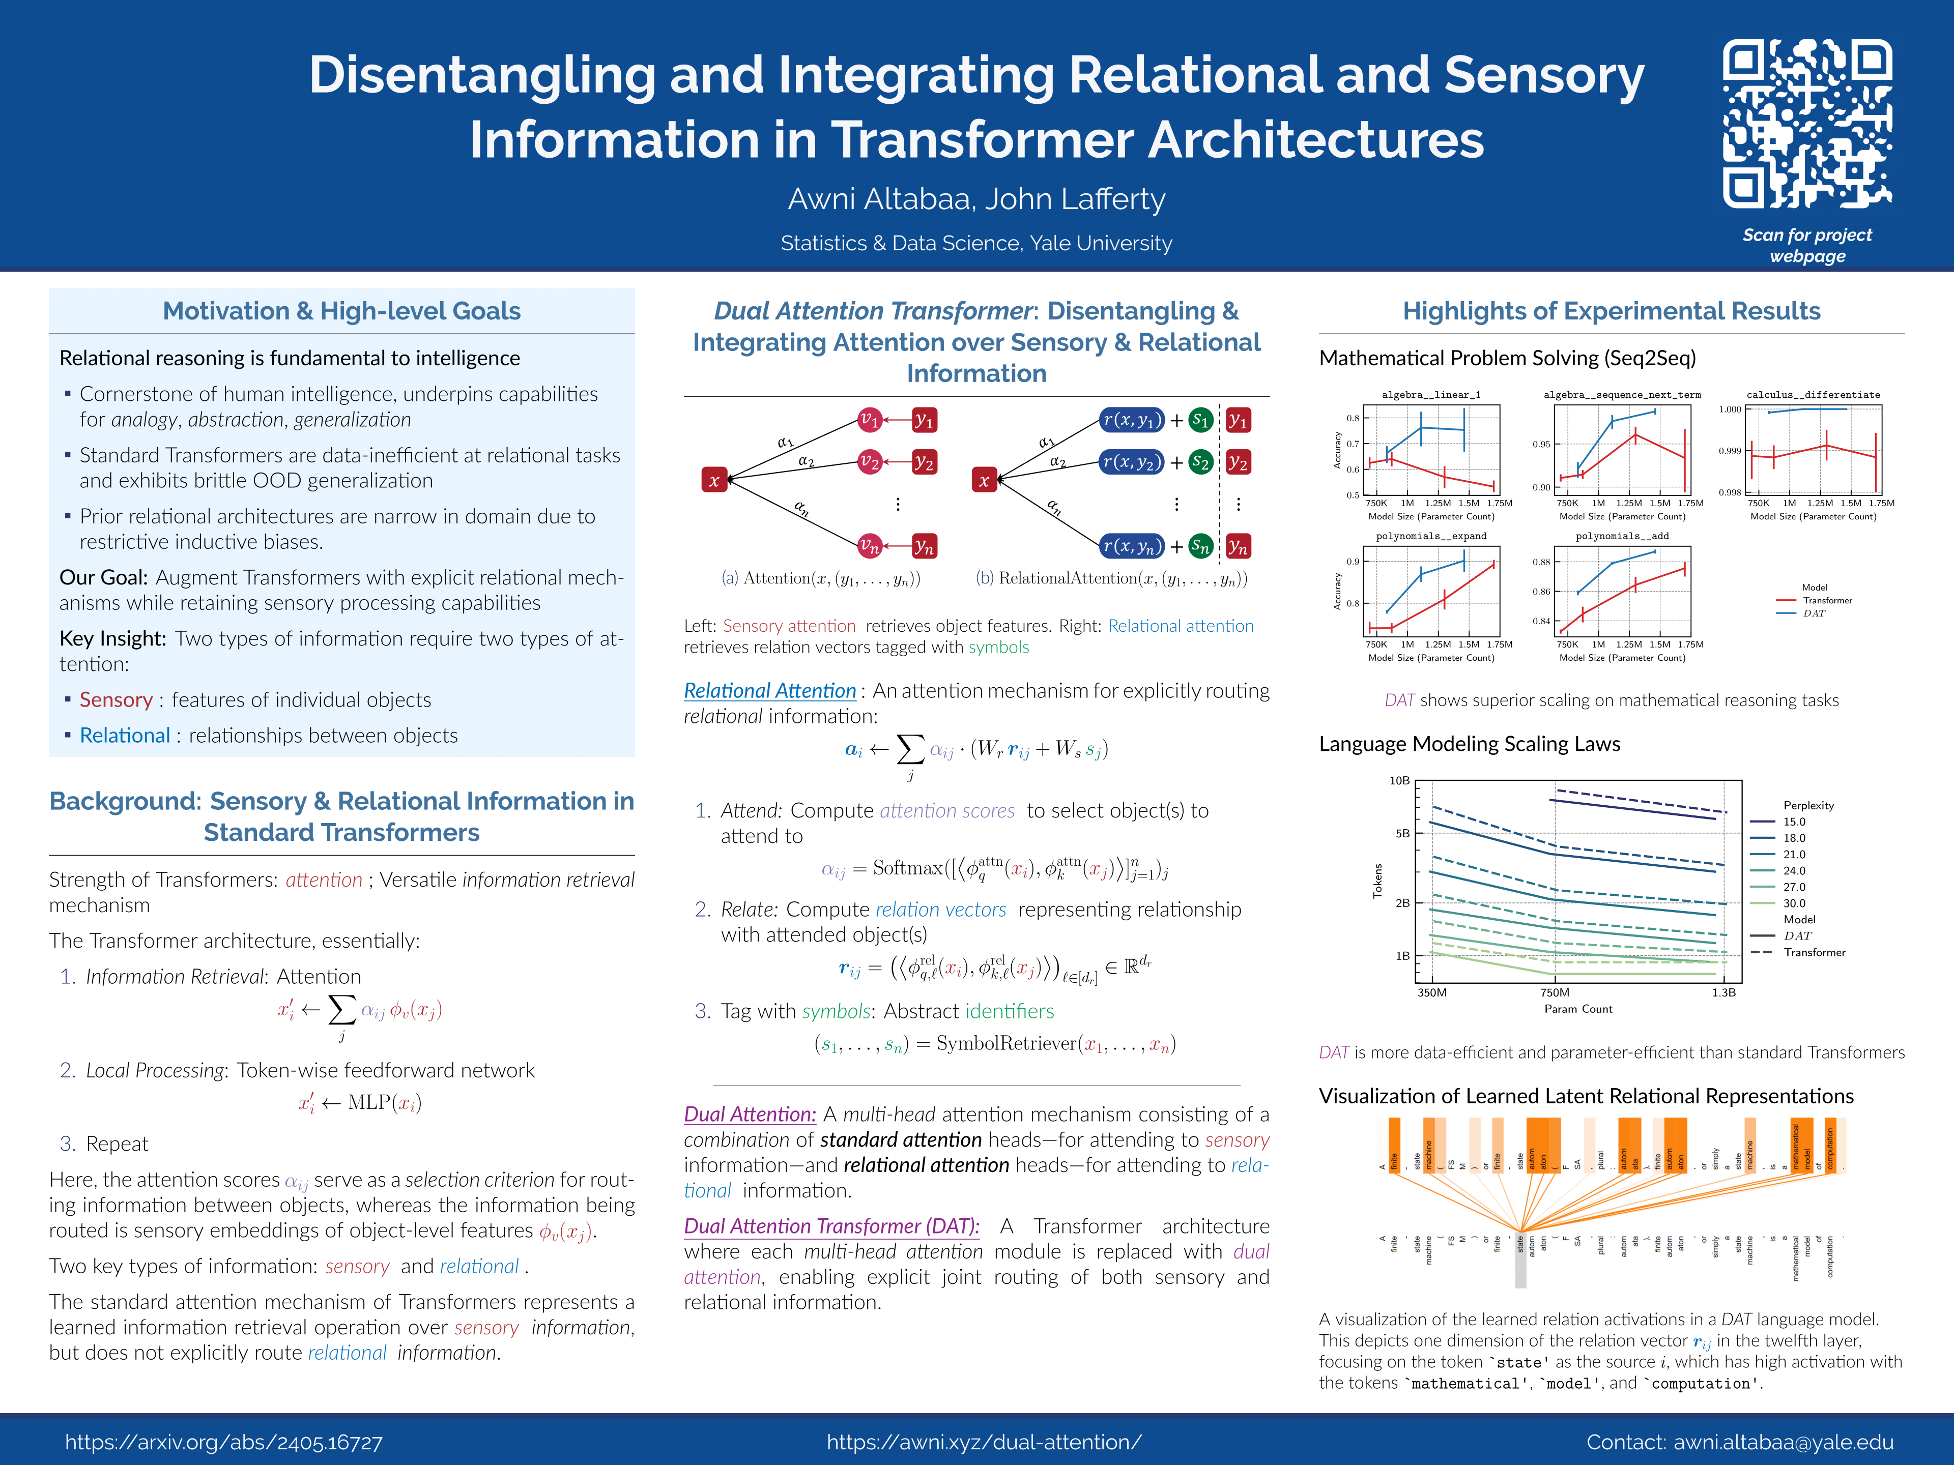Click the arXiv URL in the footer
[223, 1442]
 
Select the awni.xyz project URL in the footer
[984, 1442]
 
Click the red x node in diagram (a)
[714, 480]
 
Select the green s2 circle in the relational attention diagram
[1199, 462]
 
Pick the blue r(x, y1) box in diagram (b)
[1132, 420]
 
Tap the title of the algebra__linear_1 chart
[1430, 395]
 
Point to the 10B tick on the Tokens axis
[1399, 781]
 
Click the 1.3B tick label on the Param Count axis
[1723, 992]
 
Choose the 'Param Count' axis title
[1577, 1008]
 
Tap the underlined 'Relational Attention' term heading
[769, 691]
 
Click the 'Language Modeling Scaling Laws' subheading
[1469, 744]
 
